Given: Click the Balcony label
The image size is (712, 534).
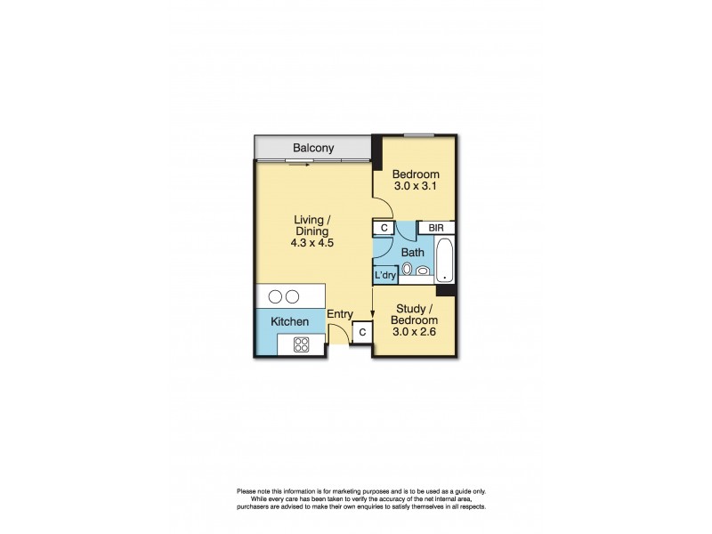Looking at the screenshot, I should [313, 148].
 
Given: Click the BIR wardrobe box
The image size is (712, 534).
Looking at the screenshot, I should [436, 228].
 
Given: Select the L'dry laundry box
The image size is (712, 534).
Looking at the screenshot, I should [384, 275].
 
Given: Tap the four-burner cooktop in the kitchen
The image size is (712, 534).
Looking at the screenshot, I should [301, 345].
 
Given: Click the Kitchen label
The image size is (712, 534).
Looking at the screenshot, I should [290, 320].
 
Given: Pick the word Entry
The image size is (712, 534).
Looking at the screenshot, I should [340, 314].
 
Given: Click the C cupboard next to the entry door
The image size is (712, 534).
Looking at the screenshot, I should [362, 333].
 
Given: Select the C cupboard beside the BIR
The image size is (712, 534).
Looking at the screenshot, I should [384, 228].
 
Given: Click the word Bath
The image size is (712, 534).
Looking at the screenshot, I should [412, 253].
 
